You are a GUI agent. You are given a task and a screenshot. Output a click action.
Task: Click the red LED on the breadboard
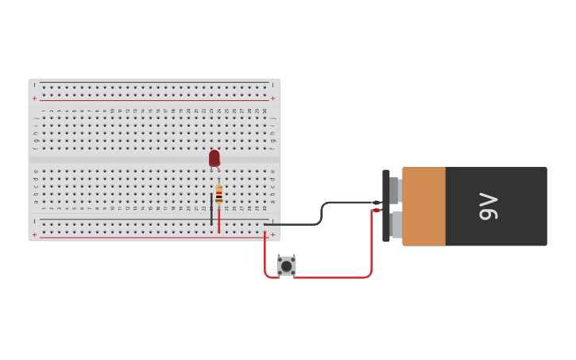(x=214, y=158)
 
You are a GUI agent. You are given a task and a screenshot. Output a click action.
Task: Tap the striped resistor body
(x=219, y=195)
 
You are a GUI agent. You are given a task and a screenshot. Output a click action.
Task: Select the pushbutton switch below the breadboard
(x=287, y=265)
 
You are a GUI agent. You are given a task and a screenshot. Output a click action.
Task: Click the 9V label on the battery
(x=487, y=206)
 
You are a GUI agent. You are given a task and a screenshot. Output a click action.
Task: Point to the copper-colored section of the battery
(x=423, y=206)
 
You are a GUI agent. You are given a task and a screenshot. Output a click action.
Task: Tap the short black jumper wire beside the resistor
(x=211, y=208)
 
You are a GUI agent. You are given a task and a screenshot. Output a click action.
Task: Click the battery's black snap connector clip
(x=386, y=206)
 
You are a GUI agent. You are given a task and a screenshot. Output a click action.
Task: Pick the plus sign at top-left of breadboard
(x=34, y=98)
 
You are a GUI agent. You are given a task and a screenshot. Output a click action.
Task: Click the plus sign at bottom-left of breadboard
(x=34, y=235)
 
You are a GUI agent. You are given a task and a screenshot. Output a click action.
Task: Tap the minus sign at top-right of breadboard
(x=273, y=84)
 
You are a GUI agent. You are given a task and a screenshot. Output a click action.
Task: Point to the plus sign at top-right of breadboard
(x=273, y=98)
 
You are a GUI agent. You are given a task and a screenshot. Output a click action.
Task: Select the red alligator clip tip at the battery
(x=377, y=210)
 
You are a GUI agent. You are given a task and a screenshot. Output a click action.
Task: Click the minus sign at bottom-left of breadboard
(x=34, y=222)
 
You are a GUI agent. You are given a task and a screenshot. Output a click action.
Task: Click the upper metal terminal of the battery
(x=395, y=190)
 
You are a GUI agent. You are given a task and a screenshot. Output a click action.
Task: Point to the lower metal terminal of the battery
(x=395, y=225)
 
